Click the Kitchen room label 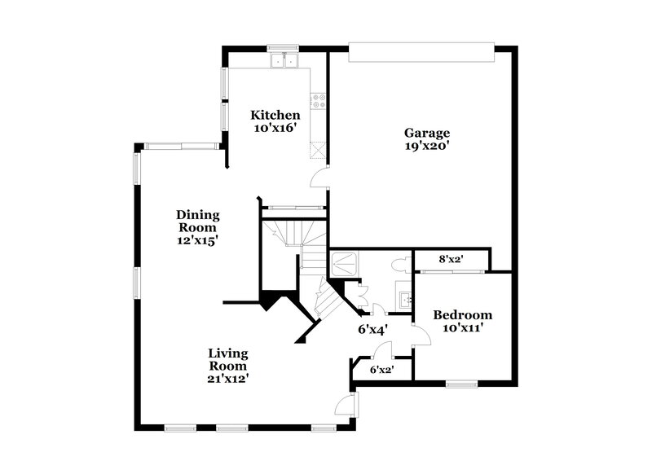point(275,115)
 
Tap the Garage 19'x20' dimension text point(427,147)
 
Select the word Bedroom point(462,315)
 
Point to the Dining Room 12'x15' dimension point(198,240)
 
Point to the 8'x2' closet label point(451,260)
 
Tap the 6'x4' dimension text point(372,329)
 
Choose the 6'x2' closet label point(382,369)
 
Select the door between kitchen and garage point(320,178)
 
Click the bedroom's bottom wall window point(461,383)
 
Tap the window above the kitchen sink point(284,46)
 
